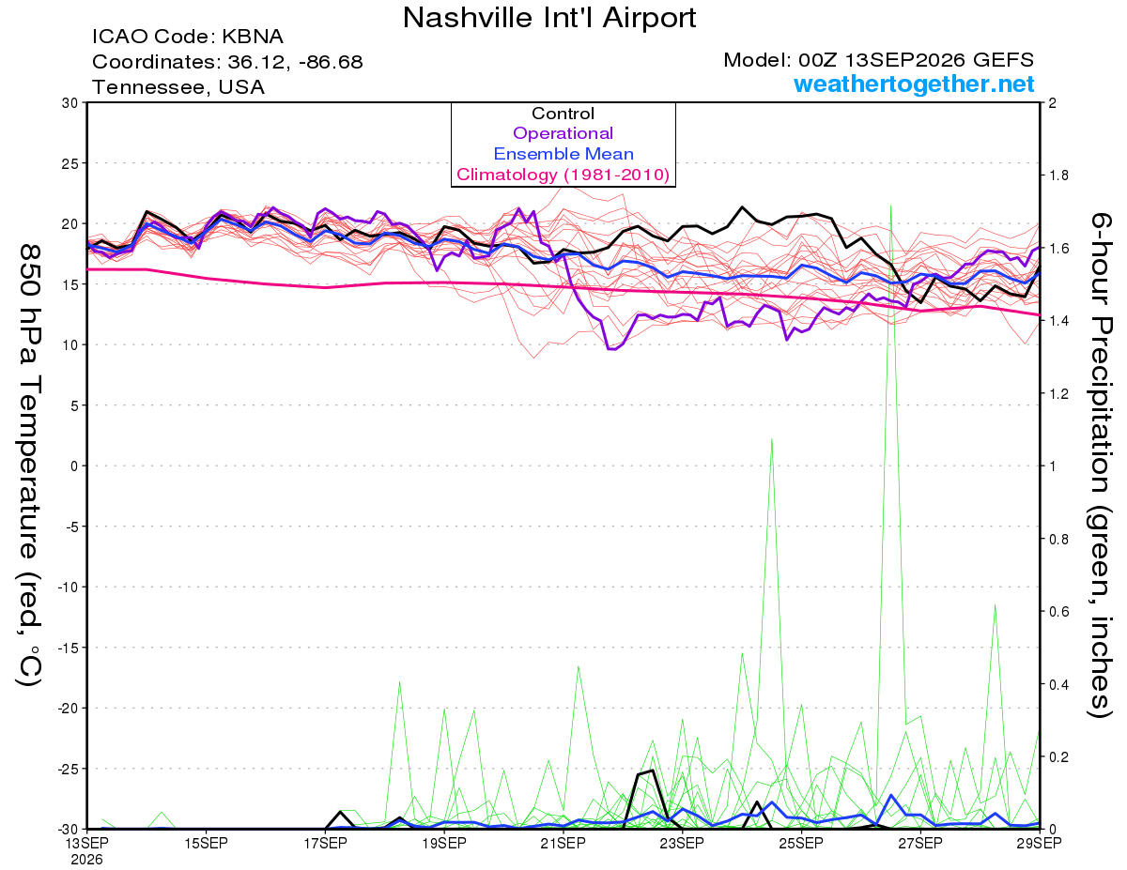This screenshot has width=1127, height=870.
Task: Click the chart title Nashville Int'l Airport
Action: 549,18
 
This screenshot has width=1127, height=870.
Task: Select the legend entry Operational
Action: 563,133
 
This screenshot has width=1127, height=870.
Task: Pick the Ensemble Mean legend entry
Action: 563,154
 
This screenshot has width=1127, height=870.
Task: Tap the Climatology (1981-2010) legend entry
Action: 563,175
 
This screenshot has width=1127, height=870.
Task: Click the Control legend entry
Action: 563,114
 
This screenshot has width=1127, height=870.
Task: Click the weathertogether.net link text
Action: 914,84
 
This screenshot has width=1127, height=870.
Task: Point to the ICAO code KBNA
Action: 253,37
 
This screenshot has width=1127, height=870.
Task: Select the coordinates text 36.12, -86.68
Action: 295,62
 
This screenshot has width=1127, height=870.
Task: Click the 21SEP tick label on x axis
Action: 563,843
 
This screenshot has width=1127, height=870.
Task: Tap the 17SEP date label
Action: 325,843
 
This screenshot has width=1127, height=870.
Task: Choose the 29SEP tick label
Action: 1039,843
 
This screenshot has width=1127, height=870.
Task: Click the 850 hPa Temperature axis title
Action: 29,466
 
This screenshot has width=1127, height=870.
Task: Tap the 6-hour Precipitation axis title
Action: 1100,465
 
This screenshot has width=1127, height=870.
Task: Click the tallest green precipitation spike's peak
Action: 890,206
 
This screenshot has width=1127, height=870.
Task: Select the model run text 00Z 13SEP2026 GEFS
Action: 916,60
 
